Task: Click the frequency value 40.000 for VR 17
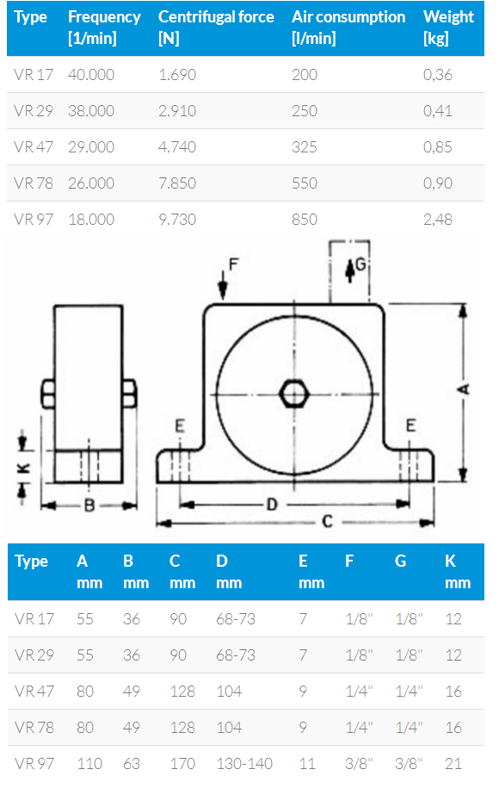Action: tap(91, 75)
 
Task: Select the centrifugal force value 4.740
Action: tap(177, 147)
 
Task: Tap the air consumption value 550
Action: tap(305, 183)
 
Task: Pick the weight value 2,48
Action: tap(438, 220)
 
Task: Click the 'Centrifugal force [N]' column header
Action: tap(216, 28)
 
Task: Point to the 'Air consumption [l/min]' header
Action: tap(348, 28)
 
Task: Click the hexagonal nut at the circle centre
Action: tap(294, 394)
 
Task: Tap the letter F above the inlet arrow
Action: tap(233, 264)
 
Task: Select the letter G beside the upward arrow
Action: tap(361, 264)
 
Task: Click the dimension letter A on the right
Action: tap(464, 388)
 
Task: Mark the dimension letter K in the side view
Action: tap(23, 468)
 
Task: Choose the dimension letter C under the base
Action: tap(327, 522)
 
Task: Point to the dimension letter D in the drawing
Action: tap(272, 504)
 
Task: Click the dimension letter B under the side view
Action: tap(89, 505)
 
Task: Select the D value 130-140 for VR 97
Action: tap(244, 764)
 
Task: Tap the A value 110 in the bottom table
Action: tap(89, 764)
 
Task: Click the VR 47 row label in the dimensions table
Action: tap(34, 692)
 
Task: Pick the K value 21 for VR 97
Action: tap(453, 764)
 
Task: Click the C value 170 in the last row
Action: tap(182, 764)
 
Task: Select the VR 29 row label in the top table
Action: tap(34, 111)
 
